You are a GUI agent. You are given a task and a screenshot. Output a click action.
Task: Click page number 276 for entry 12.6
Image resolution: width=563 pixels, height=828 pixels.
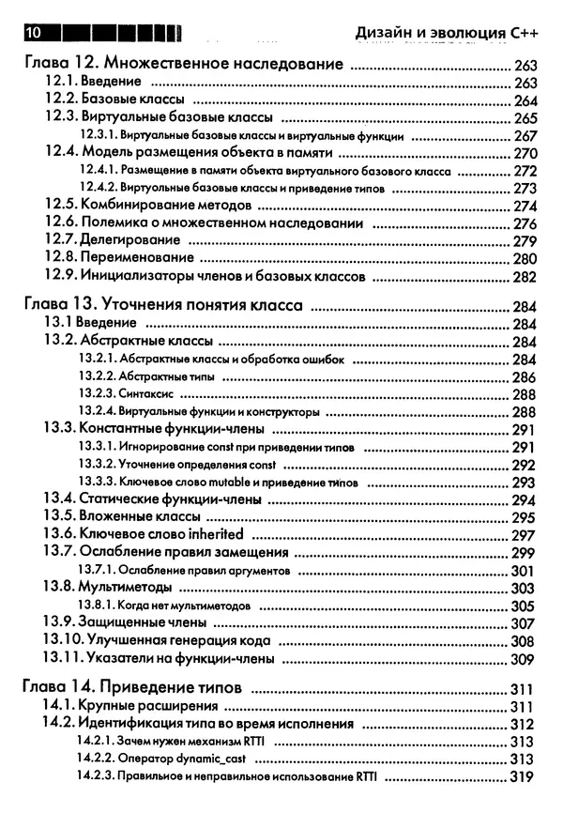(525, 223)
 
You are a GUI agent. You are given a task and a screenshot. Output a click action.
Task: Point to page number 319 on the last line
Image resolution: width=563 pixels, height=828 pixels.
(522, 777)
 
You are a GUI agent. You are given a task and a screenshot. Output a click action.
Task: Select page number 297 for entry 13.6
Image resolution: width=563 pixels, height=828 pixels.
(523, 535)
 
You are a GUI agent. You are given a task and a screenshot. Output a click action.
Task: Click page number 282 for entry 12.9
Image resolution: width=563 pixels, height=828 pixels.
(525, 277)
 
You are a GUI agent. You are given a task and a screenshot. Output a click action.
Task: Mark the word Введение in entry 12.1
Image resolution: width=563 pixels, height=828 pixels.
(110, 83)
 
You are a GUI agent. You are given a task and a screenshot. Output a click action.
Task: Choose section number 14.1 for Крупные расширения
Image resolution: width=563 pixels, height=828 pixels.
(59, 706)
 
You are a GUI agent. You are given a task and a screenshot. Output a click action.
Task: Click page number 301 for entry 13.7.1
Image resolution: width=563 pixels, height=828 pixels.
(523, 571)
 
